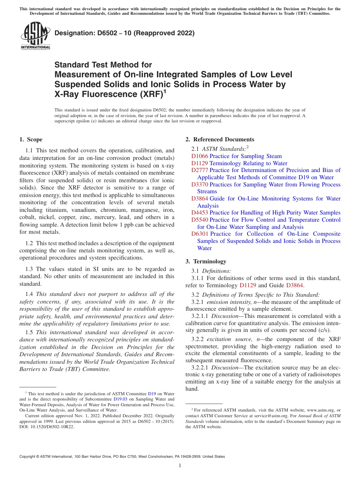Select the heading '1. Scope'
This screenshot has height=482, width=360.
tap(31, 139)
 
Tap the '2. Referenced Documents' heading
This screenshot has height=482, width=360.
tap(220, 139)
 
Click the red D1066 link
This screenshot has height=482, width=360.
tap(200, 156)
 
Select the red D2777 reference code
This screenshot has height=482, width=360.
tap(200, 170)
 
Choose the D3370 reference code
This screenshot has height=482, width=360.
tap(200, 185)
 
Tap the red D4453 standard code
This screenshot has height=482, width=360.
tap(200, 213)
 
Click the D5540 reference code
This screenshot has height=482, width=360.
tap(200, 220)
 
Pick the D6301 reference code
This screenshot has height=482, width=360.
tap(200, 234)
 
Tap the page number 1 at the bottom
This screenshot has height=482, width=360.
tap(180, 465)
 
